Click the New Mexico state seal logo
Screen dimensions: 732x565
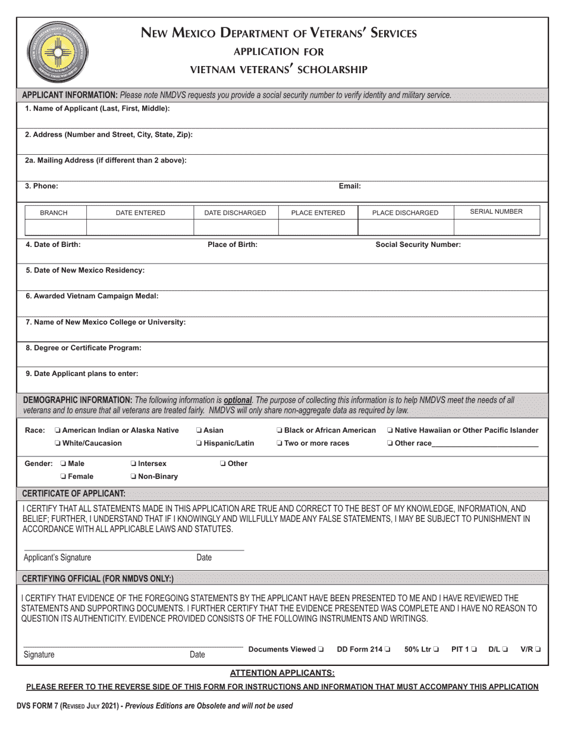(x=57, y=51)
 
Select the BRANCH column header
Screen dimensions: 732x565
(x=54, y=212)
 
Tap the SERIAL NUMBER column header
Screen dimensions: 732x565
(x=496, y=211)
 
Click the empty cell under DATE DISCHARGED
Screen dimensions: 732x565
(x=236, y=227)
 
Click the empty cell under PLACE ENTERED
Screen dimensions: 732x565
(x=318, y=227)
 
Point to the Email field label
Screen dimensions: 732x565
(x=350, y=186)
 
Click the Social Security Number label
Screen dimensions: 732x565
(x=418, y=244)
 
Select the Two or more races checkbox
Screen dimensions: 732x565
(x=280, y=443)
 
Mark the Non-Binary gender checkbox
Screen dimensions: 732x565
(x=133, y=477)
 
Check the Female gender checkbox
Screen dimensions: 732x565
(x=63, y=477)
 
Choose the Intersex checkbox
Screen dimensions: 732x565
(x=133, y=464)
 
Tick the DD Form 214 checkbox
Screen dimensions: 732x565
(x=388, y=649)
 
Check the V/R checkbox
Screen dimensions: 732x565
(x=538, y=649)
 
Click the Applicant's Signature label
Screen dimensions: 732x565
(x=57, y=558)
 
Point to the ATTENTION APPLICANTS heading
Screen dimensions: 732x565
(x=282, y=672)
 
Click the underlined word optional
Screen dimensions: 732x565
(x=238, y=401)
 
